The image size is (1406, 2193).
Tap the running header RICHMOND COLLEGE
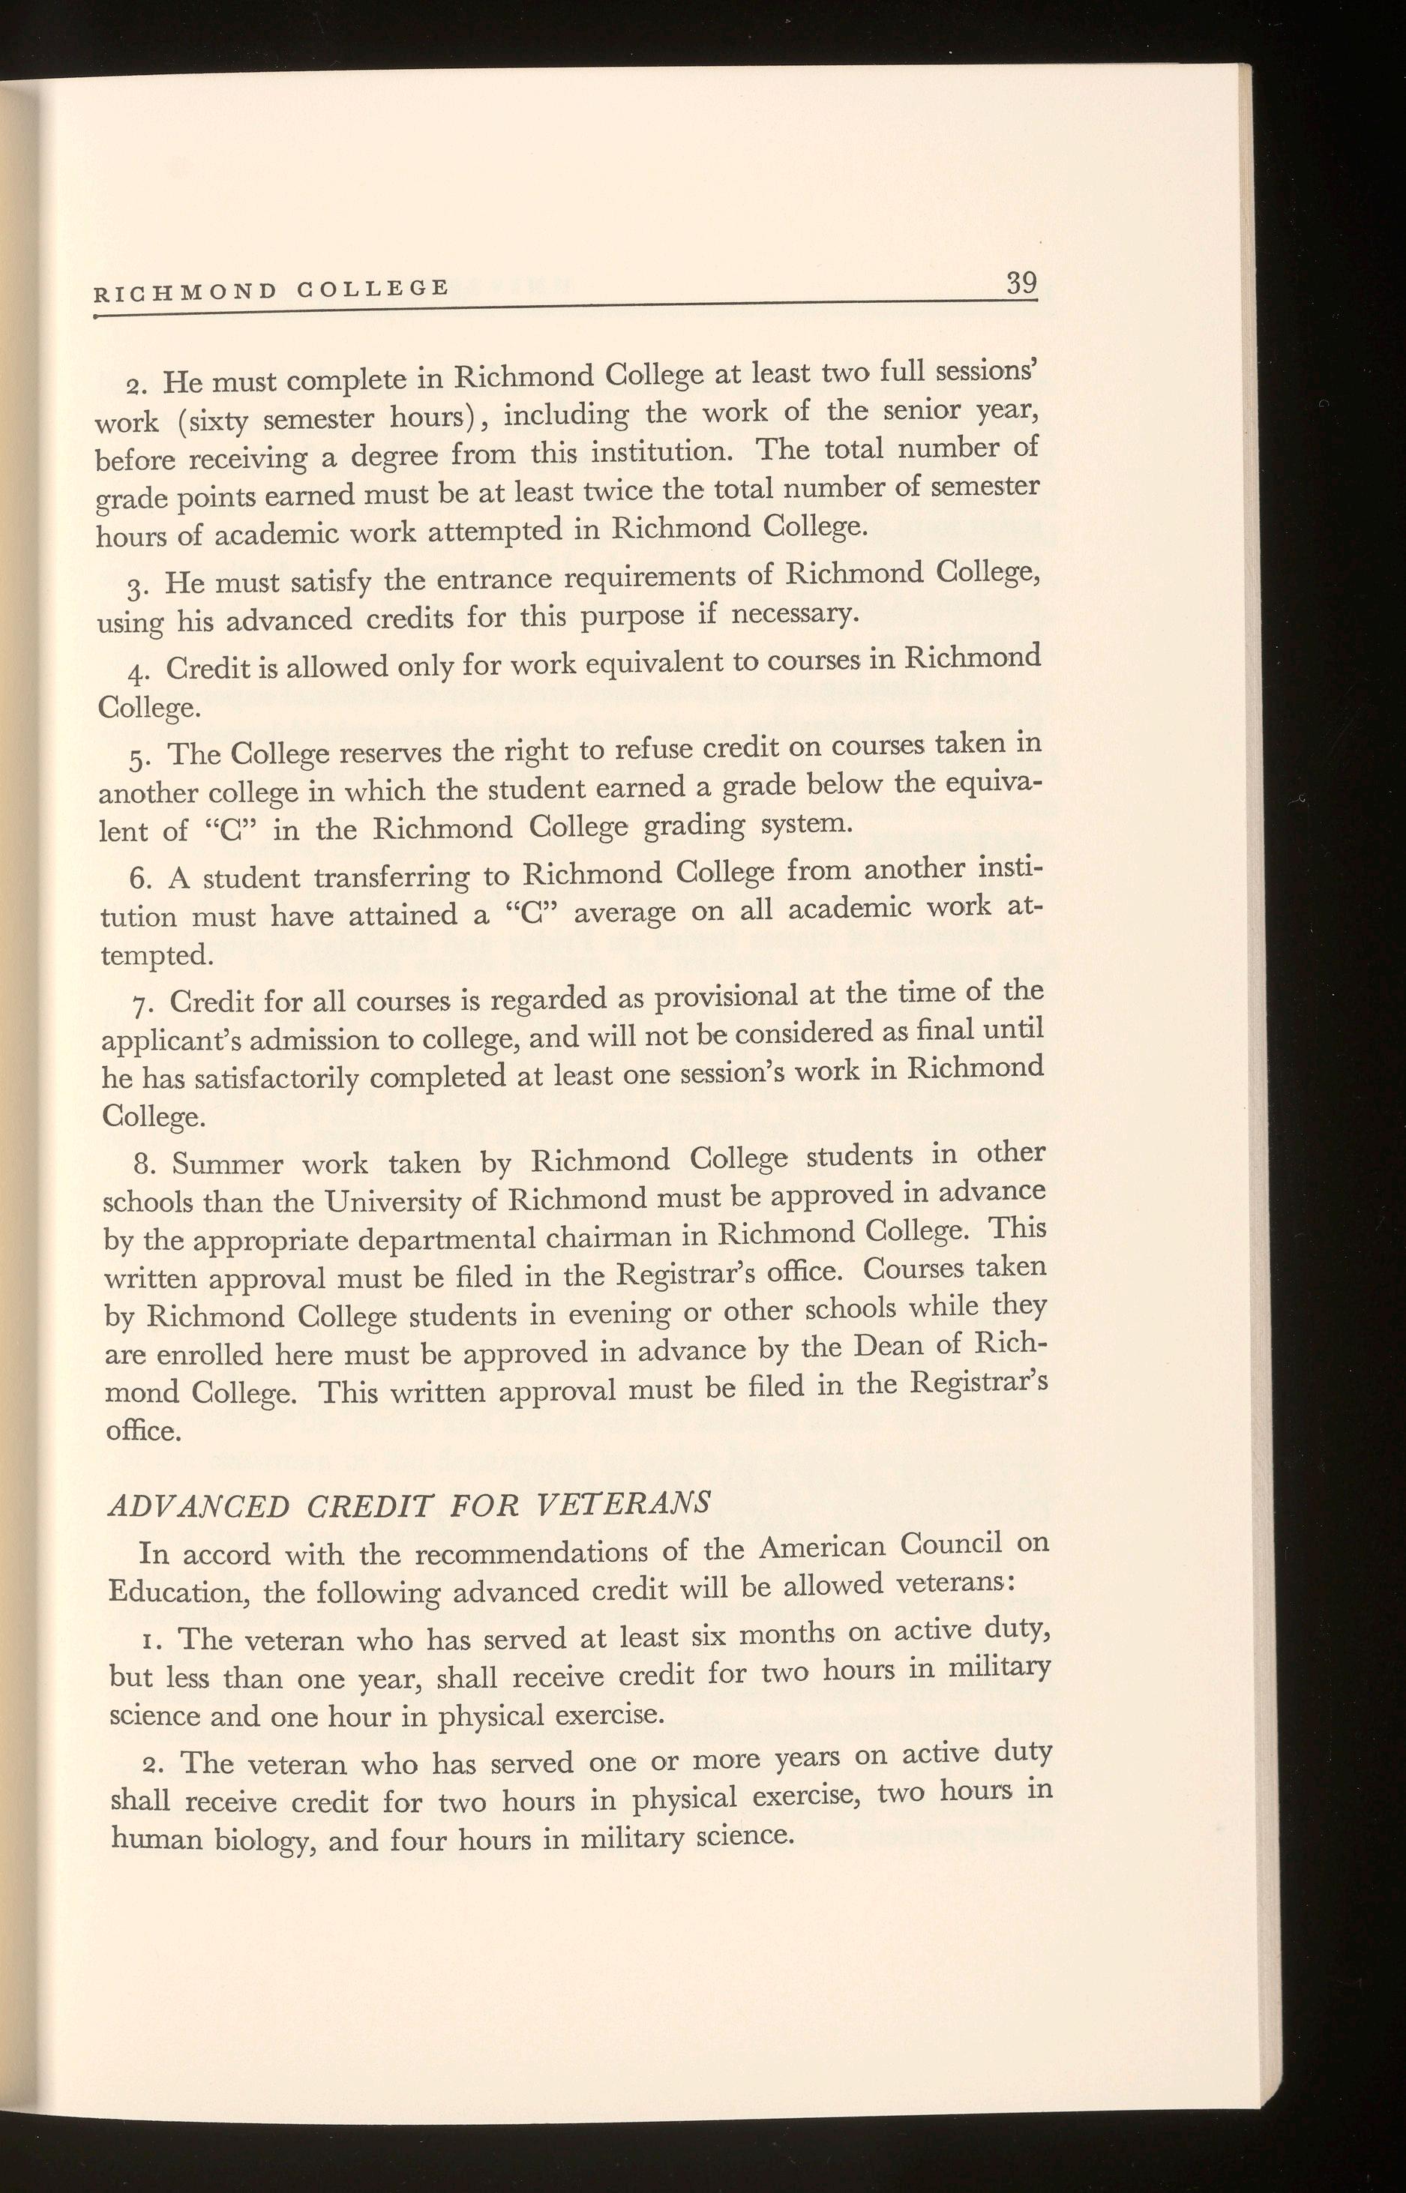click(271, 290)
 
